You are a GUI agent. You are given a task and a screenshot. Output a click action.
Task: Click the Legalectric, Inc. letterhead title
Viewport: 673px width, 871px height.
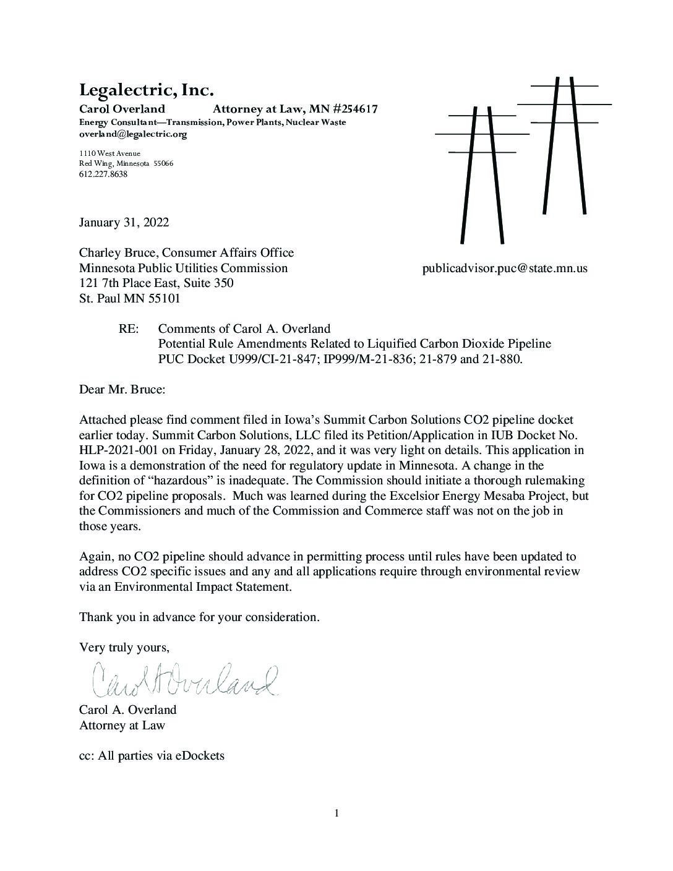coord(146,90)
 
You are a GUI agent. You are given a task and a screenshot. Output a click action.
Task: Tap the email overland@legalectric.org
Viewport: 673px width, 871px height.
coord(133,134)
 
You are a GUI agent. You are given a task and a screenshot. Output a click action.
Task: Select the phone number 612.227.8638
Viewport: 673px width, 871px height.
coord(103,174)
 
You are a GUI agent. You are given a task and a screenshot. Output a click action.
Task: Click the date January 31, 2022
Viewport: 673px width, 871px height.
coord(124,222)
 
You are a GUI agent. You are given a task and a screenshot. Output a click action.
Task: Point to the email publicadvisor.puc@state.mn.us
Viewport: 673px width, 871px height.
coord(505,268)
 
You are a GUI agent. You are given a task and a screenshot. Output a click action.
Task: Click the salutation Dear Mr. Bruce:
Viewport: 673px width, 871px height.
coord(122,390)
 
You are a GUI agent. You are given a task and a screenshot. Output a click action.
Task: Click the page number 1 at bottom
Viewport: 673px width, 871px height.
coord(336,813)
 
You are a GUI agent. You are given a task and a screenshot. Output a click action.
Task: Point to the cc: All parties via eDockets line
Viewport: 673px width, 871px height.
coord(152,755)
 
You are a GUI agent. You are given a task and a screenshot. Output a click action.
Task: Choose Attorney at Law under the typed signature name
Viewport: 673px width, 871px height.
coord(122,725)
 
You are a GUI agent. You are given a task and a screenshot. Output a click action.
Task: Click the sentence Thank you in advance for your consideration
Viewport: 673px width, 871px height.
coord(199,617)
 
